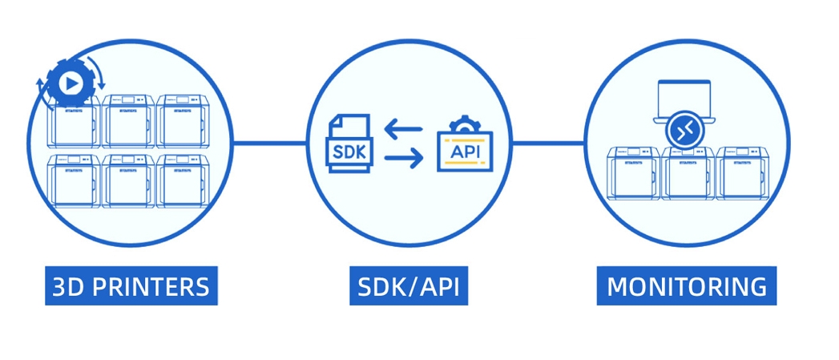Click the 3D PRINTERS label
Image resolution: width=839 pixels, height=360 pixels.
point(131,287)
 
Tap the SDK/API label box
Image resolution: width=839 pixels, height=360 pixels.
point(409,287)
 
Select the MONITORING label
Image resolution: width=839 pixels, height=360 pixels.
point(686,287)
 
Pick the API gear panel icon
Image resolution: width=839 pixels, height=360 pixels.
point(466,146)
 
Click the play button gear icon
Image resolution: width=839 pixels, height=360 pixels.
point(71,82)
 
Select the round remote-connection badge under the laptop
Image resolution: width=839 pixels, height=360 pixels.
point(686,132)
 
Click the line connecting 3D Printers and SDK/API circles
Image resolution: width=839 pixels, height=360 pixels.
point(269,144)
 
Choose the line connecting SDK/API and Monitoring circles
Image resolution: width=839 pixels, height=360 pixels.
point(547,144)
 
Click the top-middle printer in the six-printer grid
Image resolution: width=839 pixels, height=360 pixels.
point(128,121)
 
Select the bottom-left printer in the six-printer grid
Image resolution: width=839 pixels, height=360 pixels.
point(74,181)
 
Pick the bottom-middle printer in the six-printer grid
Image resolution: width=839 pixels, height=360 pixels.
point(128,181)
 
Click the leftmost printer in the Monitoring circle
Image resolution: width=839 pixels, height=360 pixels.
point(633,172)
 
